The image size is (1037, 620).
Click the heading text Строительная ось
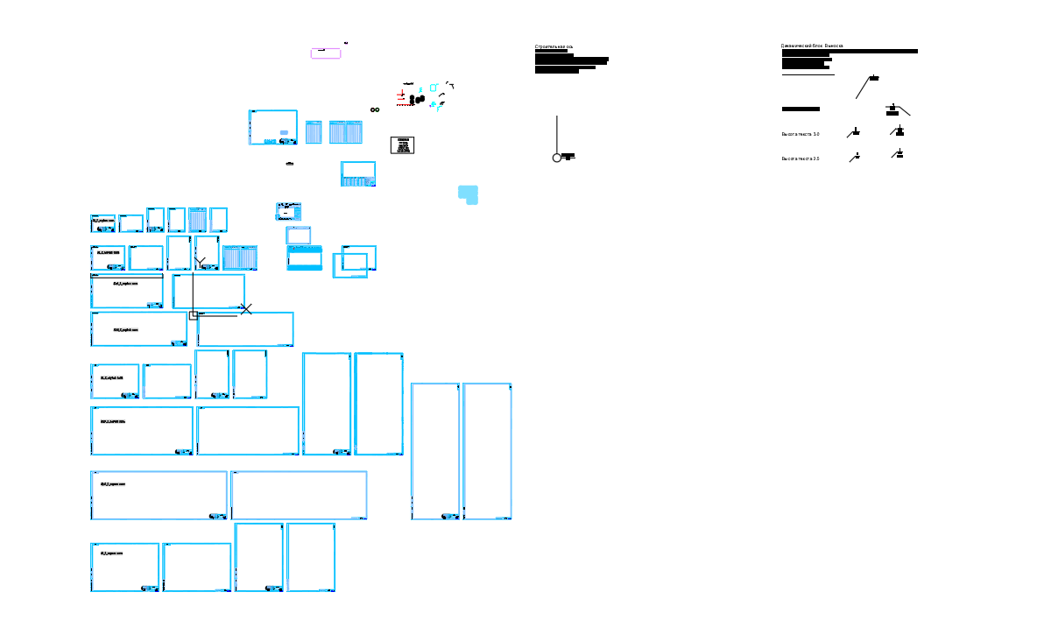(554, 46)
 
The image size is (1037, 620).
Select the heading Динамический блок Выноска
(811, 46)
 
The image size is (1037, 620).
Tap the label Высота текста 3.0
(800, 134)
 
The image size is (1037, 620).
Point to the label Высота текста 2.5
(800, 159)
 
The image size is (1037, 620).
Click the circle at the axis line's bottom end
(556, 158)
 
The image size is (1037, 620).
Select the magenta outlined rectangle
(326, 53)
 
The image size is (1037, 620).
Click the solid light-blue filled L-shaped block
(468, 194)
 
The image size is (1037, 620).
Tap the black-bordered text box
(402, 145)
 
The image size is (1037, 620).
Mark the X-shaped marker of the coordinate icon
(246, 309)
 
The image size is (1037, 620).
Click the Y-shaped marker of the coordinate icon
(201, 262)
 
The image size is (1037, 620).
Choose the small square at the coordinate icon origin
(193, 314)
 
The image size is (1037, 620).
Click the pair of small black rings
(374, 109)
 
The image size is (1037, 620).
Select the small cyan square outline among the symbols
(433, 88)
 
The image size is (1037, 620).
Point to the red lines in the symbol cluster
(402, 96)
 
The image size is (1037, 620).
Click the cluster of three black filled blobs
(416, 99)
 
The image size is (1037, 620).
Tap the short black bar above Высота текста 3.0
(800, 109)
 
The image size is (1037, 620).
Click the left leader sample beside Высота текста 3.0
(853, 133)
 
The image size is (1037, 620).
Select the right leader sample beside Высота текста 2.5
(897, 154)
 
